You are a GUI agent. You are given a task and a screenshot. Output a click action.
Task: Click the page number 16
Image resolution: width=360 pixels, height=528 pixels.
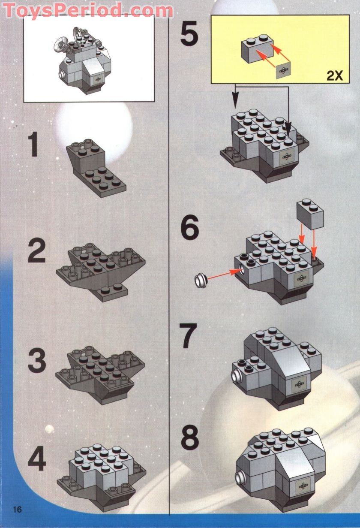pos(18,510)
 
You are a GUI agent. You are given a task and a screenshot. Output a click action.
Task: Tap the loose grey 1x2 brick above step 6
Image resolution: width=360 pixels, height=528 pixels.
pos(309,214)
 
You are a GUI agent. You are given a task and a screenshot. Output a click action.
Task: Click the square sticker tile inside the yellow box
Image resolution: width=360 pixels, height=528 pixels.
pos(284,70)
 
